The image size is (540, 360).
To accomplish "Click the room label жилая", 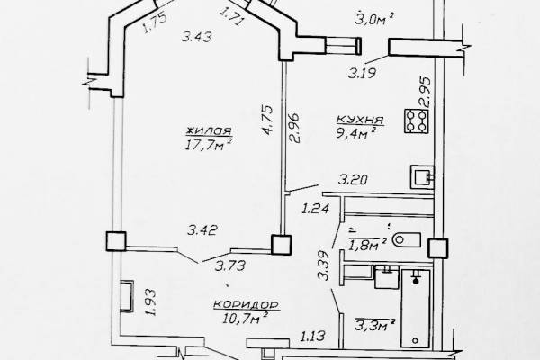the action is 209,130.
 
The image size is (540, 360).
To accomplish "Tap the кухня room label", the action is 360,120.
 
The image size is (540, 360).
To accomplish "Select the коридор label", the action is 247,305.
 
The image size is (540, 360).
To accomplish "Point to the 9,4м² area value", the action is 355,132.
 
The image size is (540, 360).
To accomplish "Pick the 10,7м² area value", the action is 246,318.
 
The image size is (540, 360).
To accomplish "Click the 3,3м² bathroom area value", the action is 374,325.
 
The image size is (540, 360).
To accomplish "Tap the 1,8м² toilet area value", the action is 367,245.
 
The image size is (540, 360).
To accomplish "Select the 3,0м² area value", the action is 374,19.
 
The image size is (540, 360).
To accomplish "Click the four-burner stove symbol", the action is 417,121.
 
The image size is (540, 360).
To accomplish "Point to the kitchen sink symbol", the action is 422,177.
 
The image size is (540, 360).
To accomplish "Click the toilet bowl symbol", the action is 407,239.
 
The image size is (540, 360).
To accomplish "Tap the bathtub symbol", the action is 416,309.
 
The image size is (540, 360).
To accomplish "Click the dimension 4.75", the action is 268,120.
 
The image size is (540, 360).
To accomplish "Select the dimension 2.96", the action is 295,128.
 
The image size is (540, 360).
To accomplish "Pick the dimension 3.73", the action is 230,265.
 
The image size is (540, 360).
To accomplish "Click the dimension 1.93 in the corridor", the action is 150,302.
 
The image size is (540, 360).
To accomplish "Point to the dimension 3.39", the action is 324,265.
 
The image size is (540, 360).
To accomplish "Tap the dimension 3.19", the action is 362,74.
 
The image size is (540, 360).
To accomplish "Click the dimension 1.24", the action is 316,209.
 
